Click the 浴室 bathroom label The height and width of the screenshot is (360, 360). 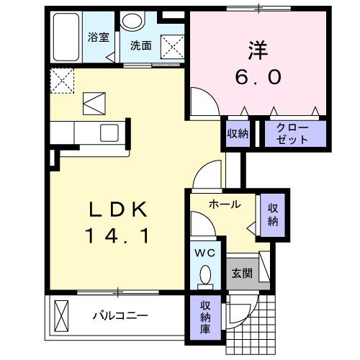[x=99, y=37]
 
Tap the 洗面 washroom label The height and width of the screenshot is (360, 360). [x=141, y=45]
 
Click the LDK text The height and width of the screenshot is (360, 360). [x=118, y=210]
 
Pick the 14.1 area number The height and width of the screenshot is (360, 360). [x=118, y=236]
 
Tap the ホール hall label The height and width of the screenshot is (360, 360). [x=225, y=204]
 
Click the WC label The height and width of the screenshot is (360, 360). [x=205, y=253]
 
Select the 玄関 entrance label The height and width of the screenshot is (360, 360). [x=241, y=273]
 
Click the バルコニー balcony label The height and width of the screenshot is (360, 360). [x=120, y=315]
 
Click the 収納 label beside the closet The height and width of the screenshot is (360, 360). [x=238, y=133]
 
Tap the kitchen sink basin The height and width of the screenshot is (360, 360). [x=109, y=132]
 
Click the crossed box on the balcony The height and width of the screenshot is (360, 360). [x=62, y=316]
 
